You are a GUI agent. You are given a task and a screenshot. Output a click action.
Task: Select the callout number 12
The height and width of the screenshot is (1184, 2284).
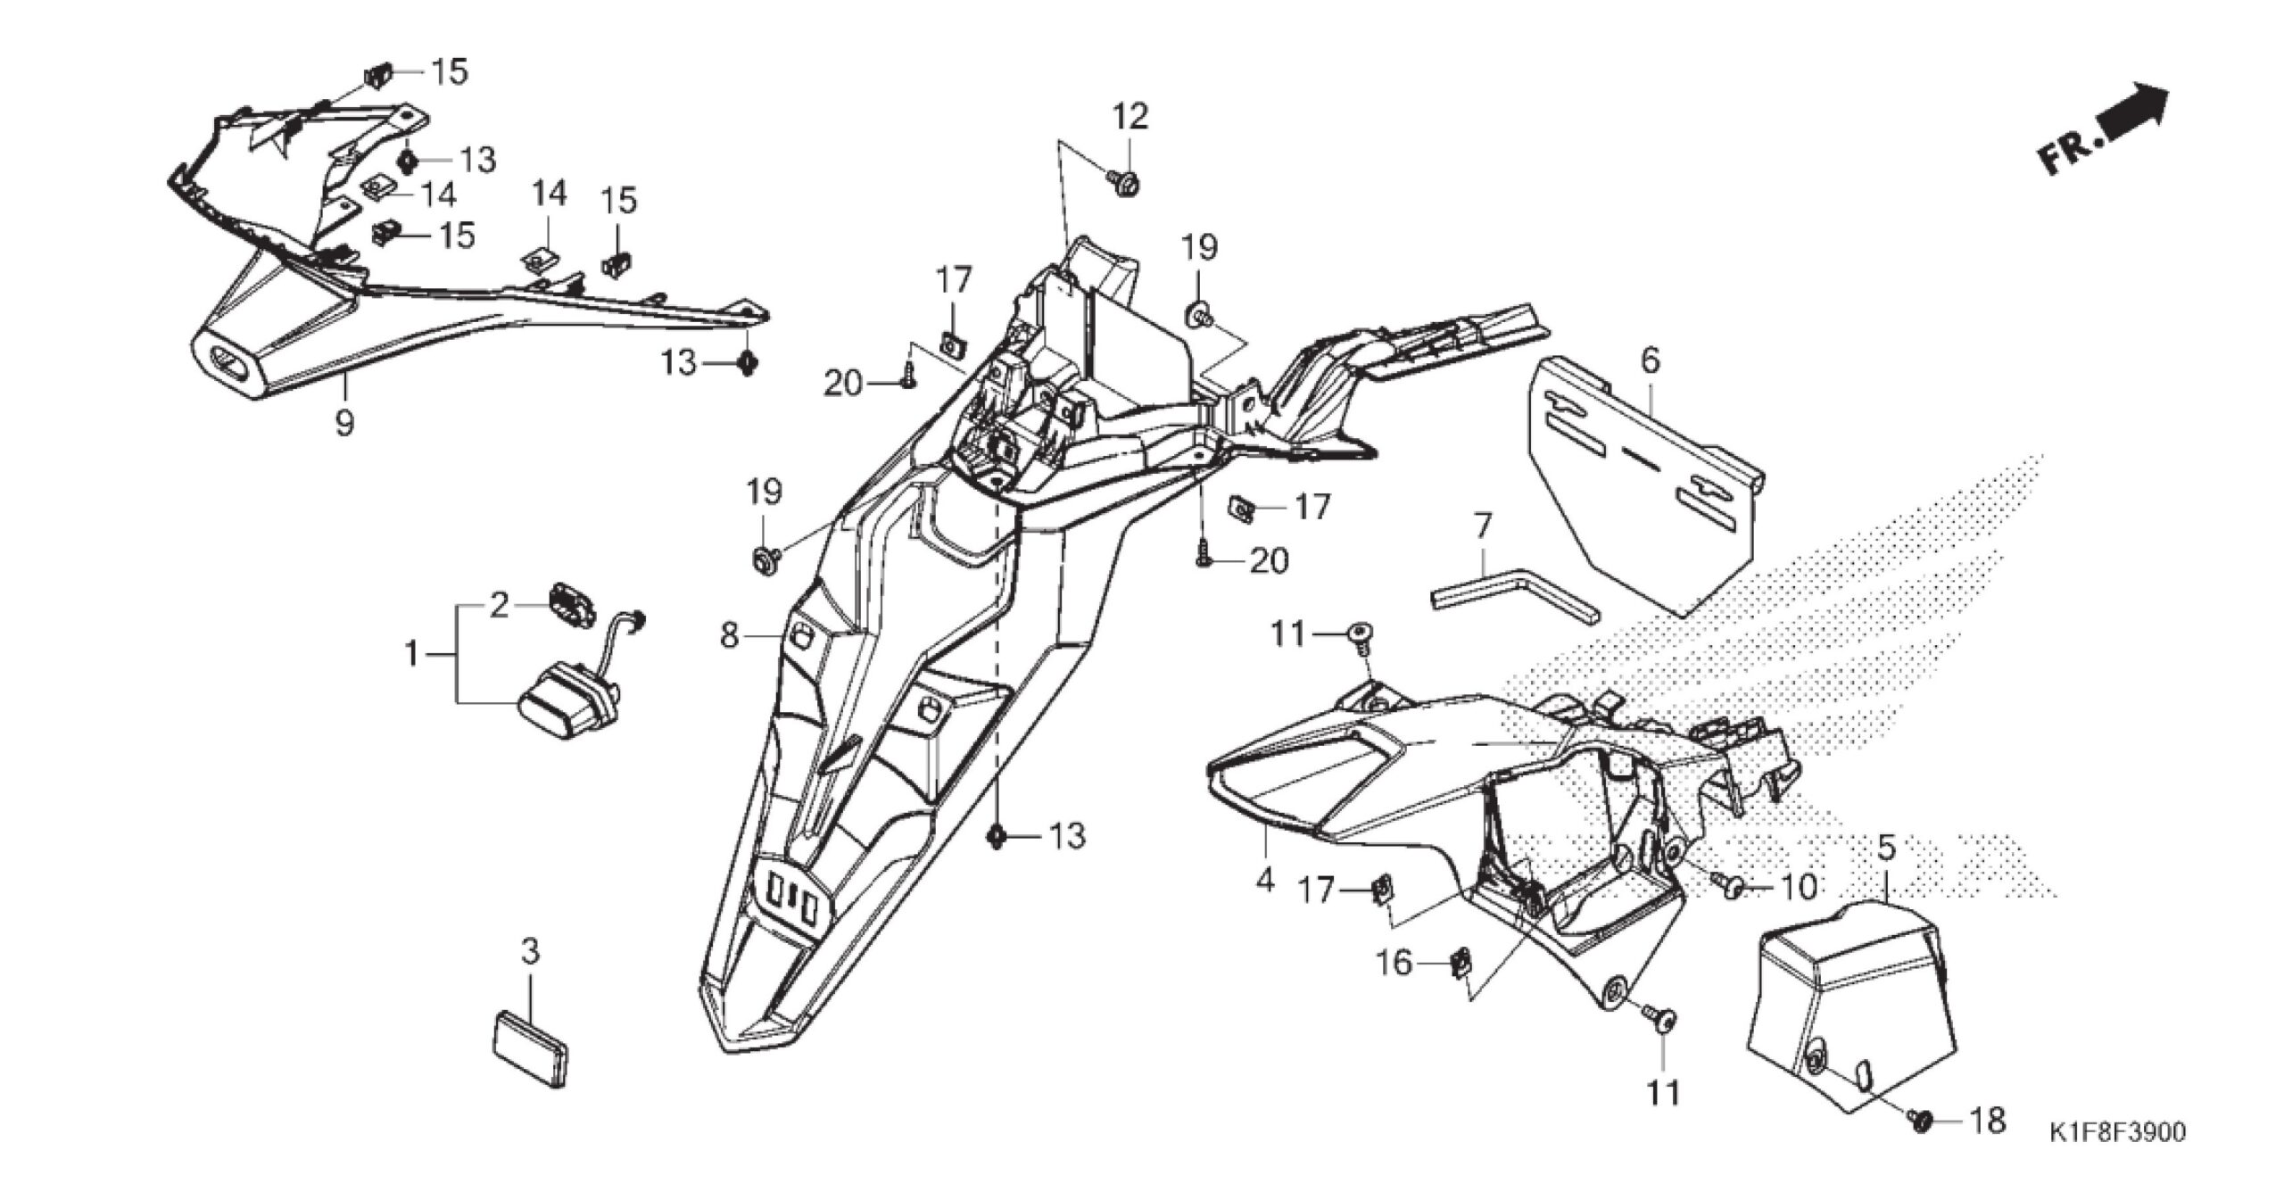tap(1130, 117)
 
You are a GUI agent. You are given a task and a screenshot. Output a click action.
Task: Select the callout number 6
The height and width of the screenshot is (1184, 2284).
tap(1651, 361)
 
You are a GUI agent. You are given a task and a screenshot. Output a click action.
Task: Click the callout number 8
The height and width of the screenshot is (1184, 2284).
tap(730, 636)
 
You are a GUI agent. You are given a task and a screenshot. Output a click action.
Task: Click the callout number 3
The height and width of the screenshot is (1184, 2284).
tap(530, 953)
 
